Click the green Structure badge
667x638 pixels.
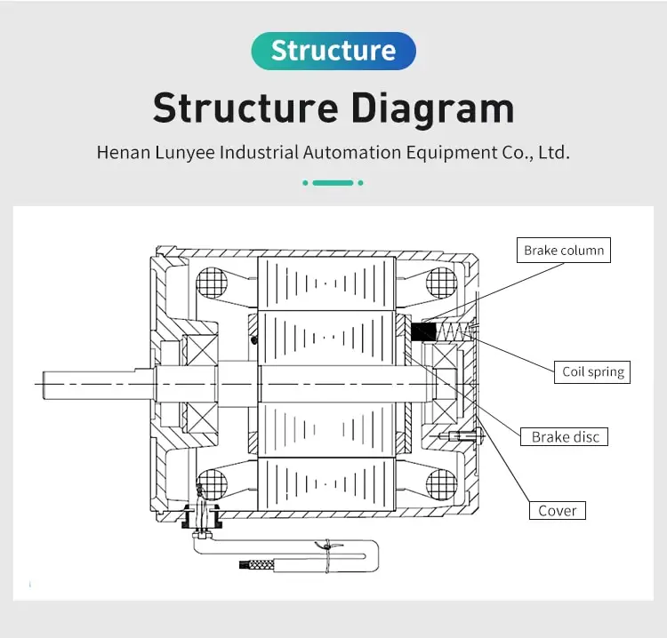point(333,51)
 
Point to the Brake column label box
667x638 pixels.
point(564,250)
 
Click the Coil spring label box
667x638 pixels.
point(593,371)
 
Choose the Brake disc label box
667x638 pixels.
point(565,436)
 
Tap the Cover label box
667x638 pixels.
point(558,510)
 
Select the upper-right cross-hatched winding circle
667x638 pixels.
point(441,283)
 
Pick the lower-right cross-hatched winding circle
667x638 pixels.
point(441,484)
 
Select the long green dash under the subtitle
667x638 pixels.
point(333,182)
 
